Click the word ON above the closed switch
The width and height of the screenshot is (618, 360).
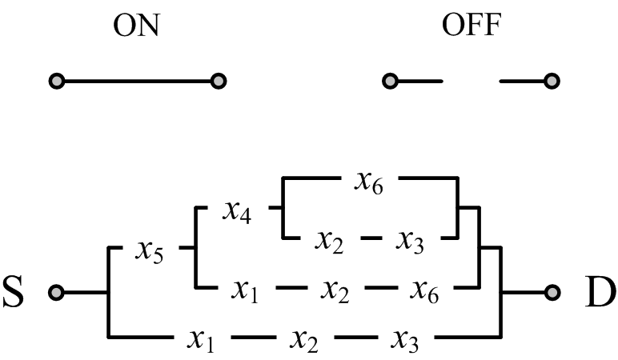pyautogui.click(x=136, y=26)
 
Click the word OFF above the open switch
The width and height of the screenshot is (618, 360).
pyautogui.click(x=471, y=26)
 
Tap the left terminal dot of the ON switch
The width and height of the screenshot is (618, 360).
pyautogui.click(x=56, y=81)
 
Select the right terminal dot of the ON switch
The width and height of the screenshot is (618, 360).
pyautogui.click(x=218, y=81)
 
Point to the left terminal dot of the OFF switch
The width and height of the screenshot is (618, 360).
pyautogui.click(x=389, y=81)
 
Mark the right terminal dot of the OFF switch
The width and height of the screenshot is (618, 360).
pyautogui.click(x=552, y=81)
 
